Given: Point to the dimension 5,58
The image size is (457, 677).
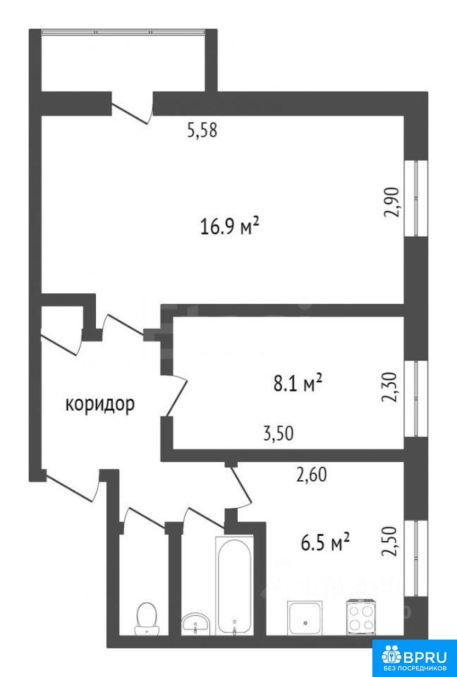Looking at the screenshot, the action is pos(202,130).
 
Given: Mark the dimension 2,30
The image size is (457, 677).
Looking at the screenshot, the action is pos(389,387).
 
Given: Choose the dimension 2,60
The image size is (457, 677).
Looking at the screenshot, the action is pos(311,475).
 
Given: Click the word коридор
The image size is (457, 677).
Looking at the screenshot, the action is pos(100,405).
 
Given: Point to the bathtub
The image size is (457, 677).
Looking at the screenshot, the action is pos(234,586).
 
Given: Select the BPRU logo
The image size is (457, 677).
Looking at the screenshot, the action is pos(414,658).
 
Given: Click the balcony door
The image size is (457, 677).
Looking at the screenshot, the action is pos(132,109).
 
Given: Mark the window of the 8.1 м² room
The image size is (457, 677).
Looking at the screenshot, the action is pos(415,398).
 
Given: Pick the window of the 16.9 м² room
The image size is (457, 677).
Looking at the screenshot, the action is pos(415,199).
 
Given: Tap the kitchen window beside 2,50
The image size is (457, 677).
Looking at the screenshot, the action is pos(415,559).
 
